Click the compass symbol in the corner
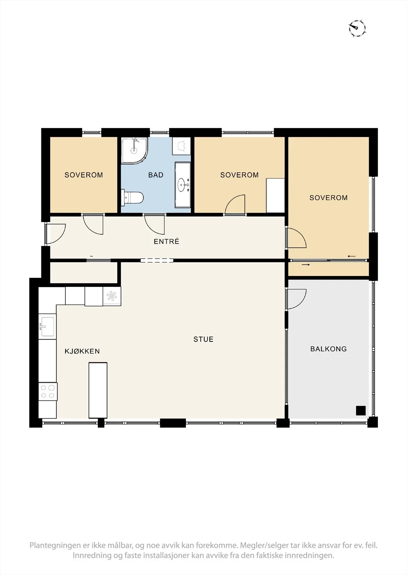pos(357,28)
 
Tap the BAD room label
pos(156,175)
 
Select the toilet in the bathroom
pos(132,198)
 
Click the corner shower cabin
pos(135,151)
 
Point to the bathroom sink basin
pos(183,185)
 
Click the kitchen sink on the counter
pos(47,327)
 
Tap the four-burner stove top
pos(48,392)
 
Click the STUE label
pos(203,339)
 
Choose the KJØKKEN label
pos(82,351)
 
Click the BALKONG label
pos(329,349)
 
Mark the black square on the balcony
pos(361,410)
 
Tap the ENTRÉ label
pos(166,241)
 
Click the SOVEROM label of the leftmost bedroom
pos(83,175)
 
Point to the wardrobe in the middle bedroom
pos(275,195)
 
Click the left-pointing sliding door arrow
pos(352,256)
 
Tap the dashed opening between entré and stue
pos(157,260)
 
